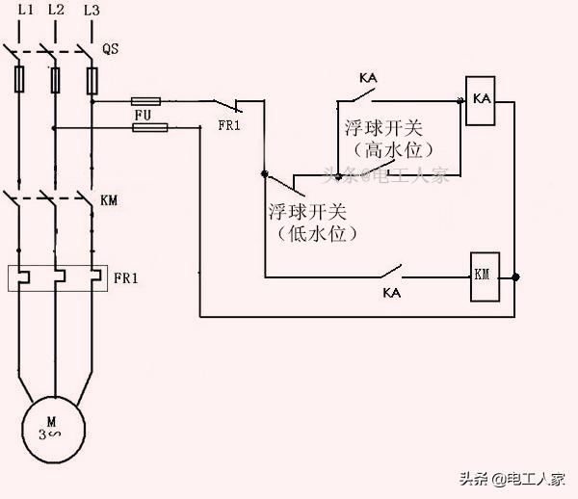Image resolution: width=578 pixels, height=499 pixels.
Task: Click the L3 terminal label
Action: tap(92, 10)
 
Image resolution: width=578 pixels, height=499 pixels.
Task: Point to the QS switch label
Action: tap(110, 47)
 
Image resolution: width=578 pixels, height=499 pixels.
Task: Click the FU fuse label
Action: tap(144, 115)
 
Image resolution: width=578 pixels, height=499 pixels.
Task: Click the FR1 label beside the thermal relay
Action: tap(126, 278)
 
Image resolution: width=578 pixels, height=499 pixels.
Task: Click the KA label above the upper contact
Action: tap(367, 77)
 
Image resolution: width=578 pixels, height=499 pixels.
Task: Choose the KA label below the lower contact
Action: tap(392, 291)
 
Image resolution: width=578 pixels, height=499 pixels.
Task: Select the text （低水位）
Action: tap(307, 233)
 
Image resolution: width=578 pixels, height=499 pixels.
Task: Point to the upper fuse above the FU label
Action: tap(145, 100)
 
